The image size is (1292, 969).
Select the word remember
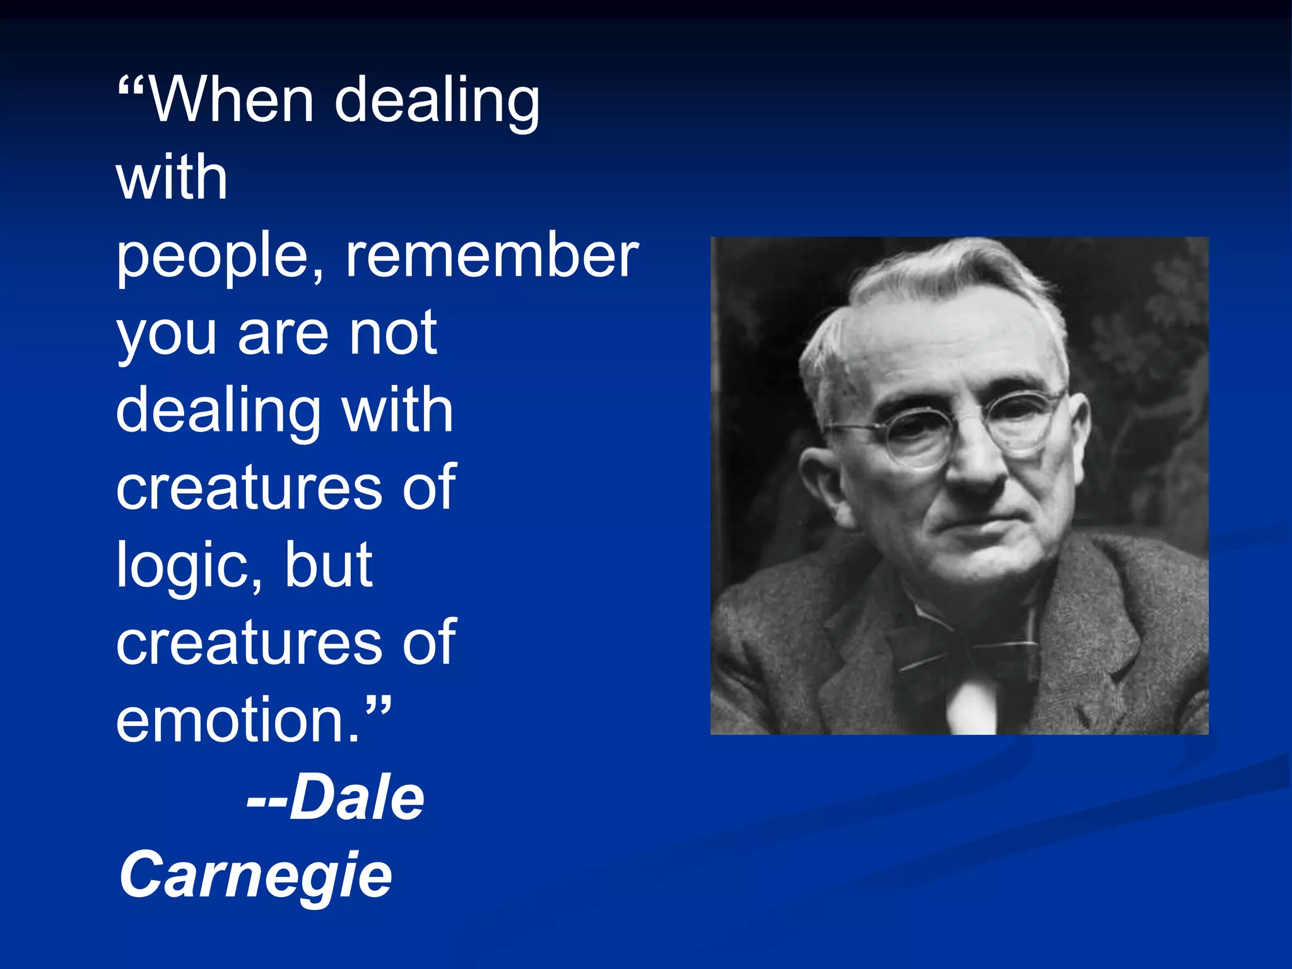pos(492,255)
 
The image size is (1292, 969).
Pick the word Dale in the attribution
pos(357,797)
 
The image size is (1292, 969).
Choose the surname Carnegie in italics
pos(255,876)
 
